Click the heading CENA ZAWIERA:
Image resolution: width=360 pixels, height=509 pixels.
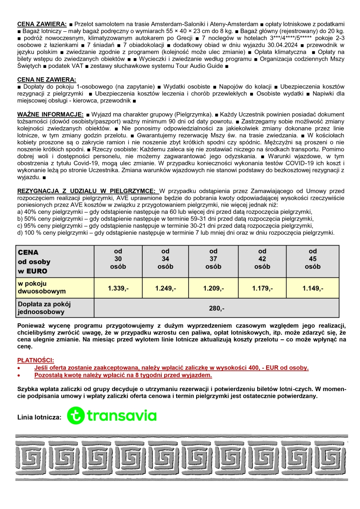42,24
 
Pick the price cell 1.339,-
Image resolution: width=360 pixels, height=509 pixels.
118,288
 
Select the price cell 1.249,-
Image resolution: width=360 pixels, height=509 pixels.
166,288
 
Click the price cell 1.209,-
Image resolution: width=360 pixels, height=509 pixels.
214,288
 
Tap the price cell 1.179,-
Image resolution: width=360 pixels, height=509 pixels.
262,288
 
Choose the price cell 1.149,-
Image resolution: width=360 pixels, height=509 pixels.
312,288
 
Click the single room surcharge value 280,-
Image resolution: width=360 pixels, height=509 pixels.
217,308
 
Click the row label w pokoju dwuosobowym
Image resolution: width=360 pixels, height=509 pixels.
41,287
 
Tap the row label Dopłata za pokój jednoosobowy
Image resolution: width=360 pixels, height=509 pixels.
44,308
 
